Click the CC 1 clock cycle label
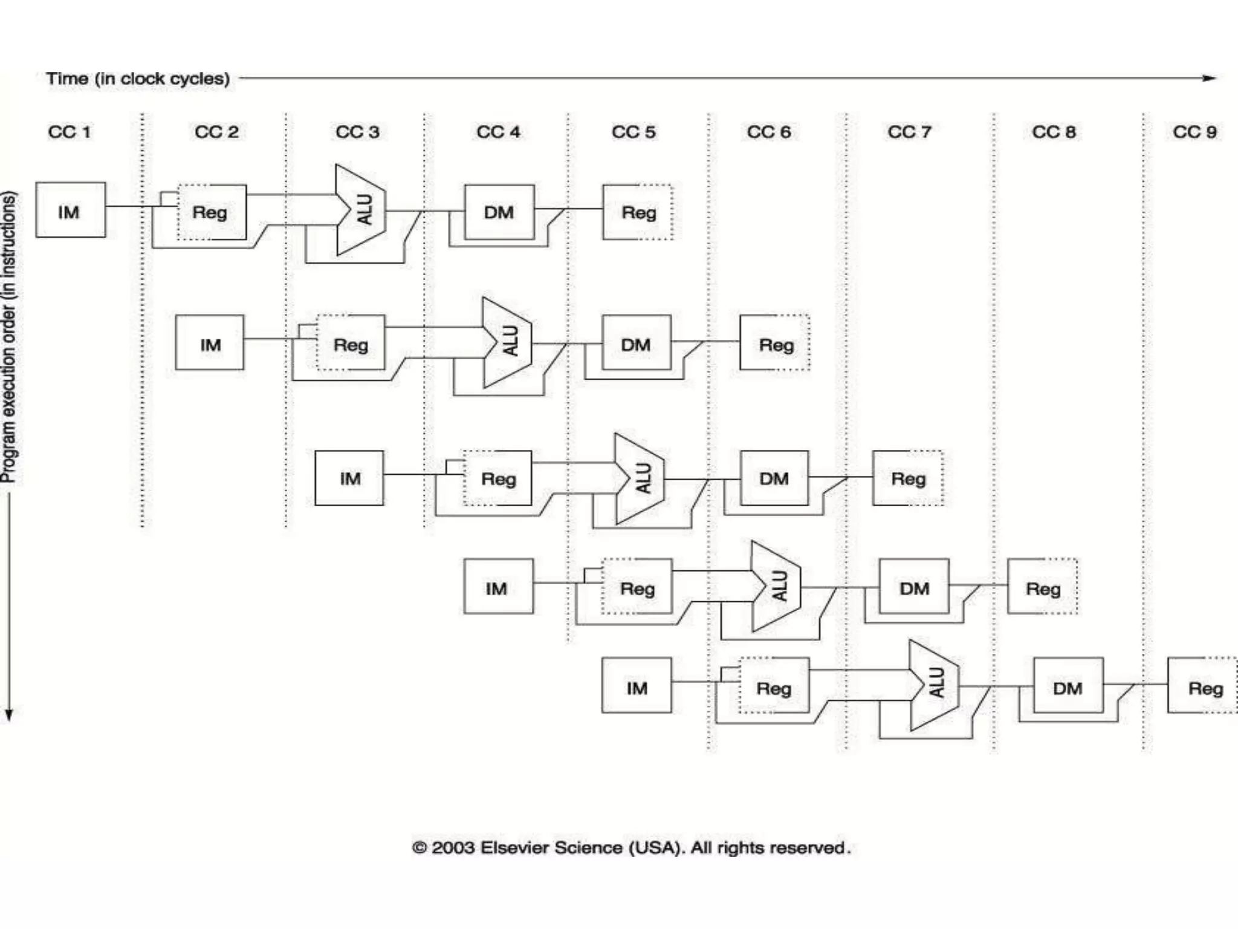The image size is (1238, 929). [x=70, y=132]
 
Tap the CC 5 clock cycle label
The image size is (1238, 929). [x=633, y=132]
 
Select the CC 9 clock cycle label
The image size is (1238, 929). [x=1194, y=132]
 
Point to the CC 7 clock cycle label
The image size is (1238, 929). [x=909, y=132]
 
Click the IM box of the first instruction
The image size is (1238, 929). [x=70, y=210]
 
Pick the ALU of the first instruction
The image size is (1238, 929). [x=361, y=210]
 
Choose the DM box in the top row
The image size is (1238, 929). [x=499, y=212]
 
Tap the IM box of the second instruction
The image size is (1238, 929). [x=210, y=342]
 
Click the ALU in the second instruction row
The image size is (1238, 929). [x=508, y=342]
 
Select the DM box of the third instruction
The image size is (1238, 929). [x=774, y=478]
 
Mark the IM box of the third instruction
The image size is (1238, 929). [x=349, y=478]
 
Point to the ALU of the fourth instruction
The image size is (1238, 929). [x=777, y=586]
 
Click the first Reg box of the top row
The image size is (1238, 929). [x=211, y=212]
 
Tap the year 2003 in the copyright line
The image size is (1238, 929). [x=453, y=847]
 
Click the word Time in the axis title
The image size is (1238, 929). [x=66, y=79]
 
